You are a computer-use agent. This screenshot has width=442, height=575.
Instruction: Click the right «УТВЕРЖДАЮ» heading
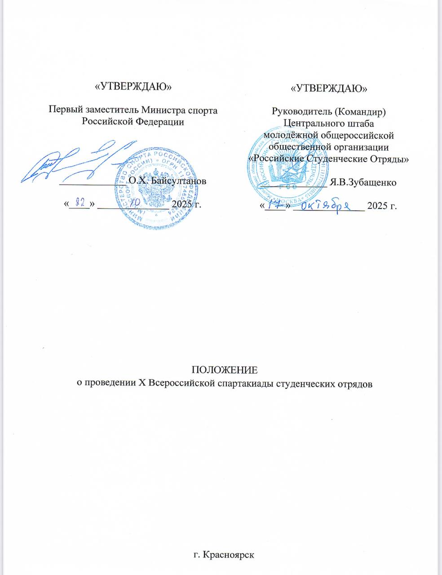[x=329, y=88]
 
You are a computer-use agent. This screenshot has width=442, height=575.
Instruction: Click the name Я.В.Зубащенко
[x=362, y=182]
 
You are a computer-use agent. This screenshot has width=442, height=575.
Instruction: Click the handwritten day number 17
[x=273, y=205]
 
